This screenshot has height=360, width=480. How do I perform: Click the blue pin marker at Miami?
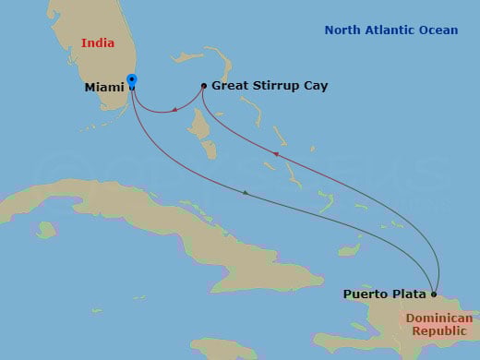[x=132, y=81]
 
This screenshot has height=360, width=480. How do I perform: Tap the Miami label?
[x=104, y=88]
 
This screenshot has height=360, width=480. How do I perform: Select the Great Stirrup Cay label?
[x=269, y=86]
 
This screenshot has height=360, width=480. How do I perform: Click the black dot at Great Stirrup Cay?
[x=204, y=86]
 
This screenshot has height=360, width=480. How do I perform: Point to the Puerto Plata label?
[x=385, y=294]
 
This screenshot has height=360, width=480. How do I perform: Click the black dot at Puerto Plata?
[x=434, y=294]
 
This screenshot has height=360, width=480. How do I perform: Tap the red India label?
[x=98, y=43]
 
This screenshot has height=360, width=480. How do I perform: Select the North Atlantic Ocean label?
[x=390, y=30]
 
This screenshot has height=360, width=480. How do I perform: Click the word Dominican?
[x=438, y=318]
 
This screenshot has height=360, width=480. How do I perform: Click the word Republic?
[x=438, y=330]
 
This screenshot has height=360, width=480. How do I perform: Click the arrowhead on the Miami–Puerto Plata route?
[x=245, y=193]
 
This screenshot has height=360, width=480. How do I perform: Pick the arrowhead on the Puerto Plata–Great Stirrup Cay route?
[x=274, y=153]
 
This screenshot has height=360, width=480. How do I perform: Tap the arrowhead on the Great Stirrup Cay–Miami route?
[x=174, y=110]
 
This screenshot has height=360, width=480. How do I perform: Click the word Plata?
[x=410, y=294]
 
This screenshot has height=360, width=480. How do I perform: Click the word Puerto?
[x=366, y=294]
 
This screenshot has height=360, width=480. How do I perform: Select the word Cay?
[x=315, y=86]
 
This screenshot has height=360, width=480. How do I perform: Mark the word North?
[x=343, y=30]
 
